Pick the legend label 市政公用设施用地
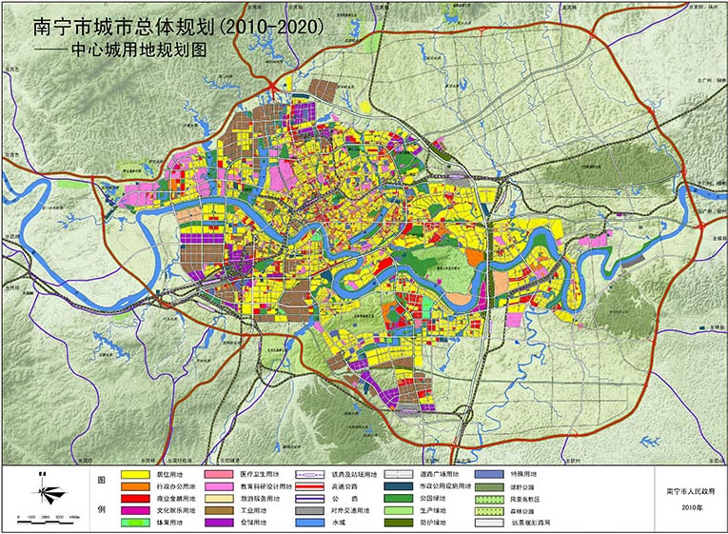[x=446, y=486]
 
